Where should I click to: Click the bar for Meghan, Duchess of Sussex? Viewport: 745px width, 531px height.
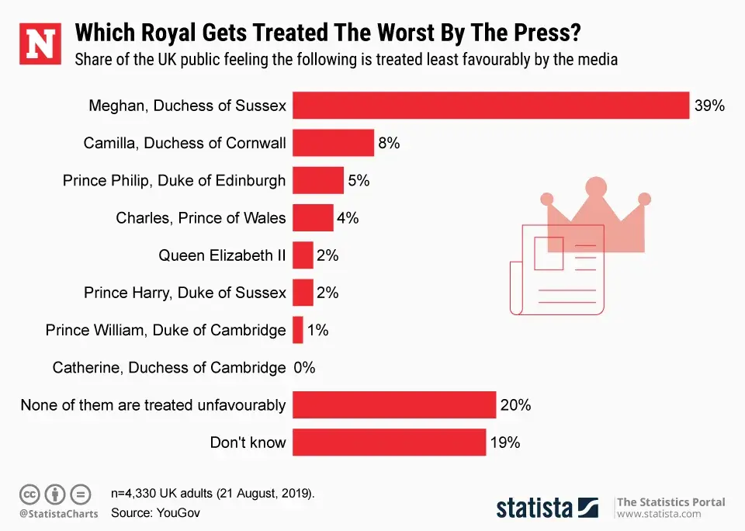(490, 106)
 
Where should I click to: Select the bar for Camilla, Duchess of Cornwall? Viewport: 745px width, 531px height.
(333, 143)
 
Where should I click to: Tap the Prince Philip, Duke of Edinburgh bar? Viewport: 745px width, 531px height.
(317, 181)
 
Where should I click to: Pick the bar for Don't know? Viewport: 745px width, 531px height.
(389, 442)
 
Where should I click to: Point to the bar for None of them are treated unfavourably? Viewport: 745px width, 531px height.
(393, 405)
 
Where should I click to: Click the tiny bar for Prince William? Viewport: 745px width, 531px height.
(298, 330)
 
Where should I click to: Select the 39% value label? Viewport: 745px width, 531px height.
(709, 106)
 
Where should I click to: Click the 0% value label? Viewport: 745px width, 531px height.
(304, 368)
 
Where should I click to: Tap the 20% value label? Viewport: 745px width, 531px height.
(515, 405)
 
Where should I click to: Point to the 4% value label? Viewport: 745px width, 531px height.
(348, 218)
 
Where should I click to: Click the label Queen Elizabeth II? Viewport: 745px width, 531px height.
(222, 255)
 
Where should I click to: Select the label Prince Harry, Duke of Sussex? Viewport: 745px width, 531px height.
(185, 293)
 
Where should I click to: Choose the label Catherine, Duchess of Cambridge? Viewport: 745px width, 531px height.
(169, 368)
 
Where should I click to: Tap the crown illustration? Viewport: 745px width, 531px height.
(596, 217)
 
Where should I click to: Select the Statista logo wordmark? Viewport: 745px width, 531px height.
(535, 508)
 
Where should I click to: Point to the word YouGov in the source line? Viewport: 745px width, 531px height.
(179, 512)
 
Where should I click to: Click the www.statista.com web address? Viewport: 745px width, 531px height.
(659, 514)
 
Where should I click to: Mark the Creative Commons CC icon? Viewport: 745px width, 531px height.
(29, 494)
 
